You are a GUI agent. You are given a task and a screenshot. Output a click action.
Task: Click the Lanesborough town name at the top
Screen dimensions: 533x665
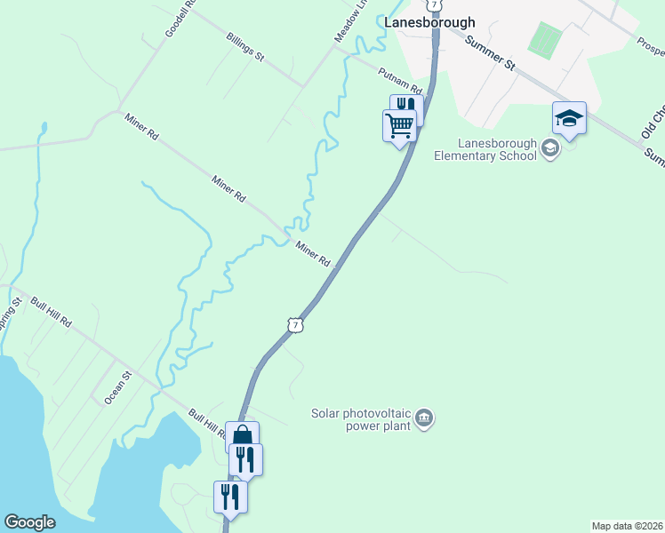point(429,22)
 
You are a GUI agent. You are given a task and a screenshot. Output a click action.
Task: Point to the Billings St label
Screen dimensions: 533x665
point(245,48)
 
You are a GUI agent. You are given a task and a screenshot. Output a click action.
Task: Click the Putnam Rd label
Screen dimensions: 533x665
point(398,76)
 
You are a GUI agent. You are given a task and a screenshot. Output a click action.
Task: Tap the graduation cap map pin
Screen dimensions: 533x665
point(569,117)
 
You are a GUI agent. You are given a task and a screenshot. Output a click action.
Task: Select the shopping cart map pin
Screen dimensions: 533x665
point(400,125)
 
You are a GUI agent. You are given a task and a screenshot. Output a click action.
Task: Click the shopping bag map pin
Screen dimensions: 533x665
point(242,436)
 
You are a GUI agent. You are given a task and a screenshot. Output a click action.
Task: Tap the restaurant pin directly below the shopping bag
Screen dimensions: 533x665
point(246,459)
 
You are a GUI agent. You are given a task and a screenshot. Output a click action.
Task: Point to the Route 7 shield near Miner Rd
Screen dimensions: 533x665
point(296,325)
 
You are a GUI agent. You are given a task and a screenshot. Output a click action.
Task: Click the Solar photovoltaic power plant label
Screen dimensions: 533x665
point(361,419)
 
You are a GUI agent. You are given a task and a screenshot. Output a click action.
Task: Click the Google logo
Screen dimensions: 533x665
point(30,522)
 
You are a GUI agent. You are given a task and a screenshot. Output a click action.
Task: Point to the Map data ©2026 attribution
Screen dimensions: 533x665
point(627,526)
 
